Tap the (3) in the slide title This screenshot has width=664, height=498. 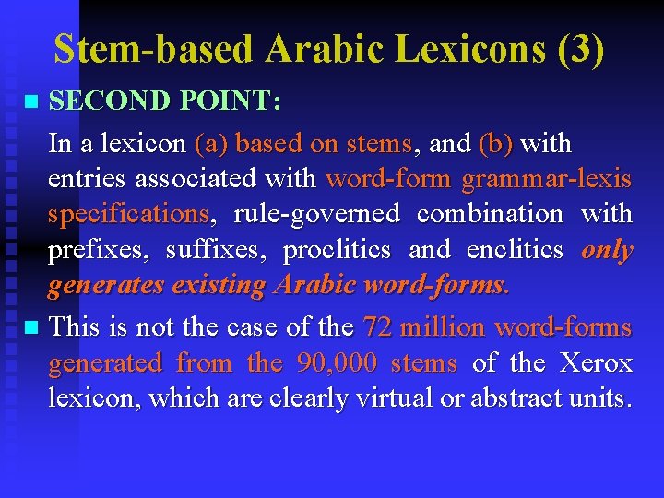[x=581, y=49]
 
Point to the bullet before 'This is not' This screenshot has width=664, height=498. [x=32, y=327]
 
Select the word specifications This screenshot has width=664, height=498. [x=128, y=214]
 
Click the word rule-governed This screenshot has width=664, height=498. [x=316, y=214]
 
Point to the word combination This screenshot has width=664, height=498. [x=490, y=214]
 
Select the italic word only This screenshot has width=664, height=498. [x=607, y=250]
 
